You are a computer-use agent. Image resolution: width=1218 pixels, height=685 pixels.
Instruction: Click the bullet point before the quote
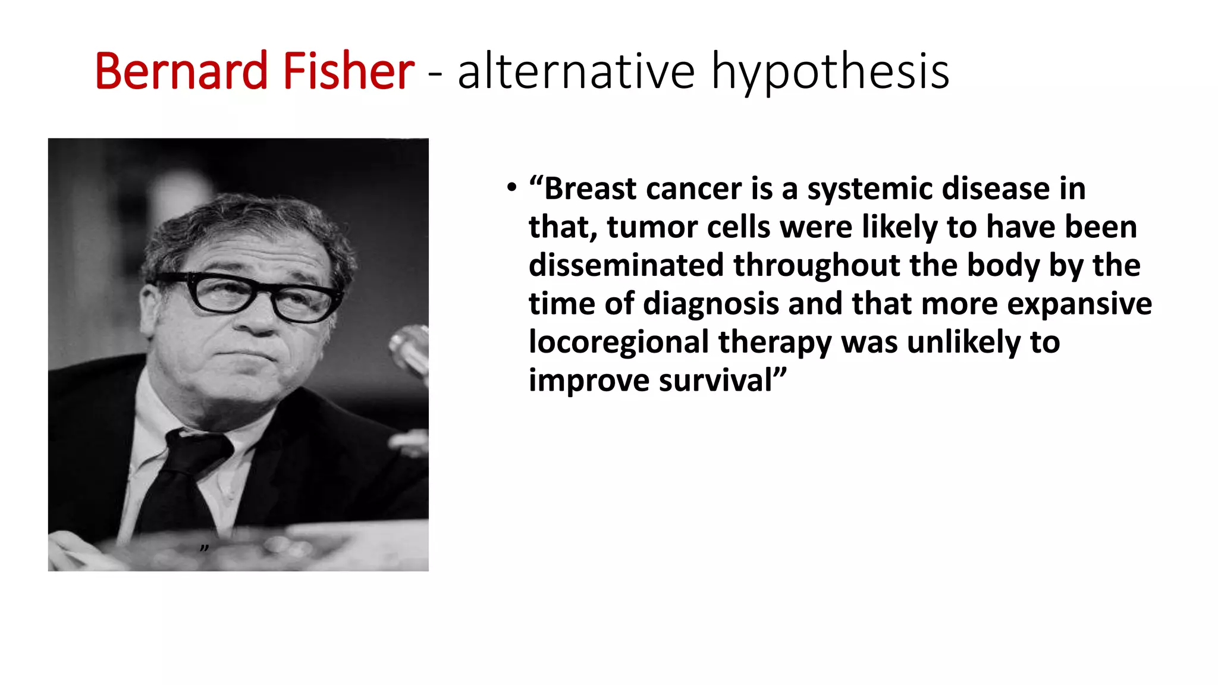tap(511, 188)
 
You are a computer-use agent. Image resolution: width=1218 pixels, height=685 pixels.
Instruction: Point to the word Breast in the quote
tap(591, 188)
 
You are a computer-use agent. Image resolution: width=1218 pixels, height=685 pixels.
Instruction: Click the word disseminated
tap(626, 265)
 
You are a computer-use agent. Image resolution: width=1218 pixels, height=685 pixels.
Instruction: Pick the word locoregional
tap(619, 343)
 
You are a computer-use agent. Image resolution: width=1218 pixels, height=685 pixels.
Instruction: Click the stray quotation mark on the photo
tap(204, 548)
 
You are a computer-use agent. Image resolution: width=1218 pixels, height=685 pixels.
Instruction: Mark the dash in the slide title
tap(435, 75)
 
